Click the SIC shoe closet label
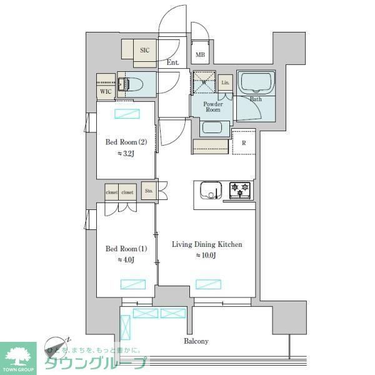pyautogui.click(x=144, y=50)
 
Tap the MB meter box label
pyautogui.click(x=200, y=55)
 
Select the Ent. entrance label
pyautogui.click(x=173, y=62)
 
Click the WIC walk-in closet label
pyautogui.click(x=105, y=91)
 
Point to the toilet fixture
pyautogui.click(x=135, y=83)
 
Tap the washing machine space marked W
pyautogui.click(x=203, y=81)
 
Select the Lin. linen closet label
pyautogui.click(x=226, y=82)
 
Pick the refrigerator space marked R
pyautogui.click(x=244, y=142)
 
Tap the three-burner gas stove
pyautogui.click(x=240, y=189)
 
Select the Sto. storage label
pyautogui.click(x=149, y=191)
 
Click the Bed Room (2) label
pyautogui.click(x=125, y=141)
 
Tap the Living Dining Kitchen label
pyautogui.click(x=207, y=244)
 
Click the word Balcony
pyautogui.click(x=196, y=341)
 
